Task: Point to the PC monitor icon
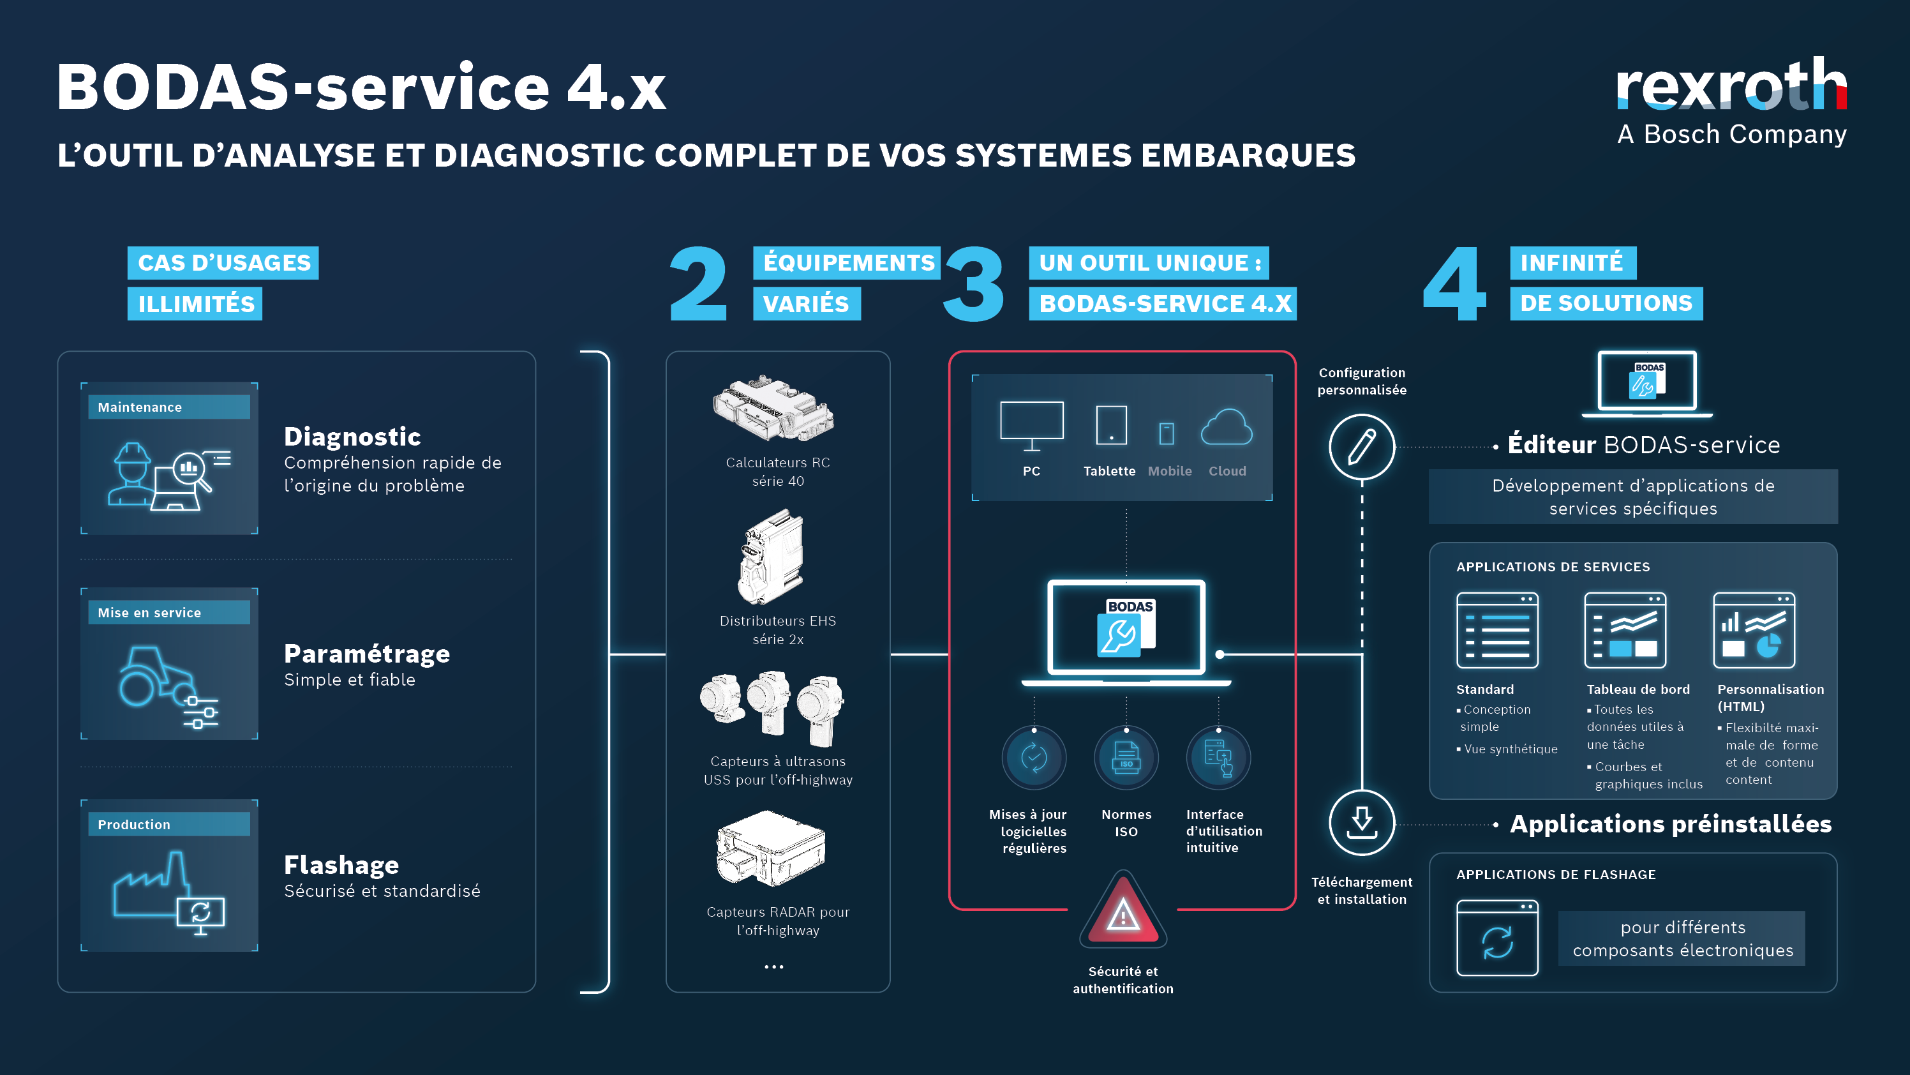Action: click(x=1031, y=425)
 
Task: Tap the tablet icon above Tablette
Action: click(x=1110, y=425)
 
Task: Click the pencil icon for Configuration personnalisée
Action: click(x=1361, y=447)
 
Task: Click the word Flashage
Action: click(x=341, y=865)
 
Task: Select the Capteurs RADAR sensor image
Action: click(x=771, y=849)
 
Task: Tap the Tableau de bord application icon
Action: click(x=1625, y=630)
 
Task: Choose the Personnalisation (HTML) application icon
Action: click(x=1754, y=630)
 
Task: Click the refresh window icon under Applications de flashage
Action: click(x=1497, y=938)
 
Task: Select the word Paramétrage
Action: click(x=366, y=654)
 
